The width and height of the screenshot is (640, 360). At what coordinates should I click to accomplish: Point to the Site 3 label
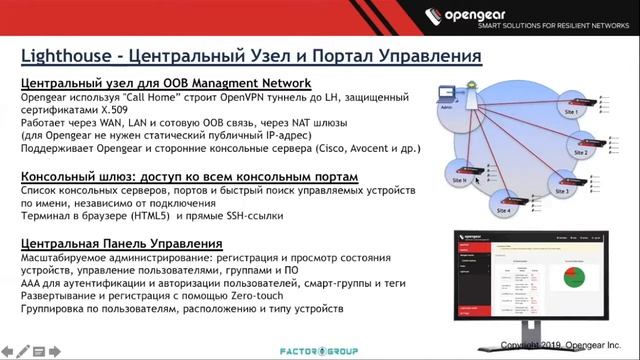pos(561,190)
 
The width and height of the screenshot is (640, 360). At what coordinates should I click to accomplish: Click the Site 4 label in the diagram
pos(503,211)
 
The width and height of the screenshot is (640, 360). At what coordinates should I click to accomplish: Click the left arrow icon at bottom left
pos(8,352)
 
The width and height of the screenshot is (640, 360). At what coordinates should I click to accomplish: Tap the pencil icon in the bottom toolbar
pos(24,352)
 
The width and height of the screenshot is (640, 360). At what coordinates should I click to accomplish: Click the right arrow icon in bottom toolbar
pos(56,352)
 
